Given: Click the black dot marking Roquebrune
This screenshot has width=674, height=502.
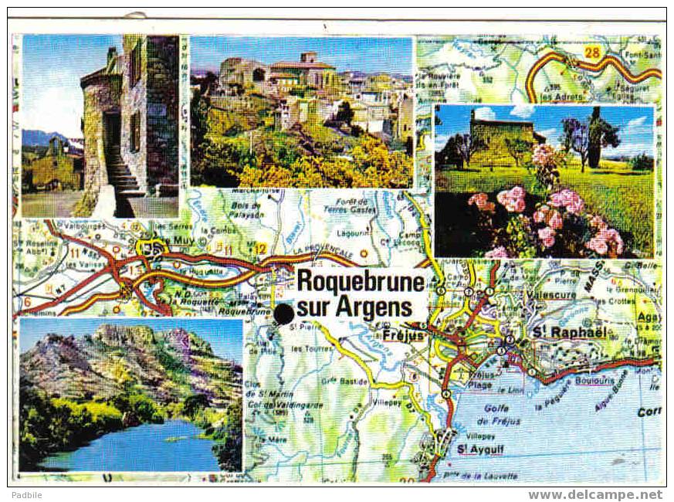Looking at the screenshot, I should coord(284,314).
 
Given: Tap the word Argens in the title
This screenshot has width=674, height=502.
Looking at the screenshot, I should coord(374,307).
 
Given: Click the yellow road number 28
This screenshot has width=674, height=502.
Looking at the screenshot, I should coord(592,53).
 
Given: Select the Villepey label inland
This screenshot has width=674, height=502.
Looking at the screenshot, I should coord(387,402).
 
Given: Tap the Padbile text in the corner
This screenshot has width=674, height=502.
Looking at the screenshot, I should coord(26,495).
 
